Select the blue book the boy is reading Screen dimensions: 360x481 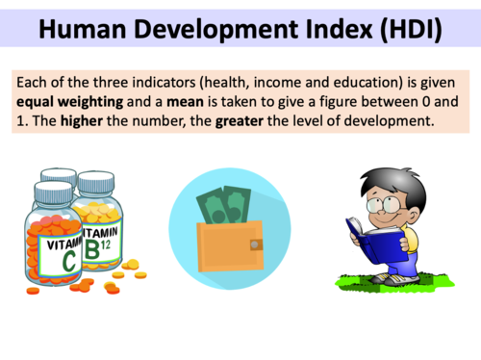(371, 238)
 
